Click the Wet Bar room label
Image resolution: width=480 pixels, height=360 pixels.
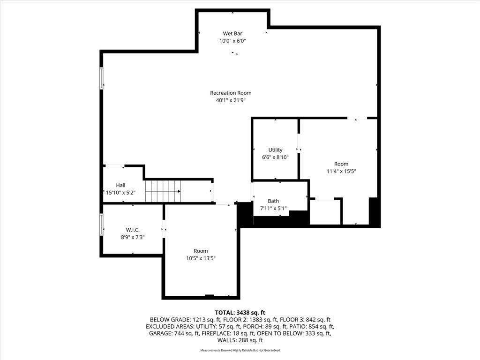pos(232,33)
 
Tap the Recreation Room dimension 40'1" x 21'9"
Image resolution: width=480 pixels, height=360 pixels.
pos(231,100)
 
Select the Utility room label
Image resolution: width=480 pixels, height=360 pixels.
pos(275,150)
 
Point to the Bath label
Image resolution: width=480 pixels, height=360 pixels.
pos(273,201)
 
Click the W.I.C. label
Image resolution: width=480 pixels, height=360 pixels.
pos(133,230)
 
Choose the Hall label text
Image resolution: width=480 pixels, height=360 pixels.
pos(120,185)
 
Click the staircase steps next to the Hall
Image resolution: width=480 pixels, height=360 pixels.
pos(163,191)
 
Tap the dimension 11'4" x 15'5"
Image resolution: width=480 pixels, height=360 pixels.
pos(341,171)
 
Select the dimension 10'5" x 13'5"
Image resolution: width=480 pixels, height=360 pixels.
pos(201,258)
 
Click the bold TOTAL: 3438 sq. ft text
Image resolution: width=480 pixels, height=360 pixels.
pos(240,313)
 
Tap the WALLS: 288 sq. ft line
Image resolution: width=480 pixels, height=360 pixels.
pos(240,340)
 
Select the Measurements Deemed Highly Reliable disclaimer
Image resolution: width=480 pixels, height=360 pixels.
pos(240,350)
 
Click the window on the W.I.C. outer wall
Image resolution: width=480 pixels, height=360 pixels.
pos(101,225)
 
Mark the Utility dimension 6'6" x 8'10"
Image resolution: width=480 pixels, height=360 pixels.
pos(275,157)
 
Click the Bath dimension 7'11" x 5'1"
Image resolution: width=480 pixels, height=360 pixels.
pos(273,208)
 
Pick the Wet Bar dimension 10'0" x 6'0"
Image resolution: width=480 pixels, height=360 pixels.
pos(232,41)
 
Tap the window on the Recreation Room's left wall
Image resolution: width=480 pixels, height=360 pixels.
pos(101,78)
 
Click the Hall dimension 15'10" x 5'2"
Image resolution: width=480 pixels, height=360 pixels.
pos(120,193)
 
